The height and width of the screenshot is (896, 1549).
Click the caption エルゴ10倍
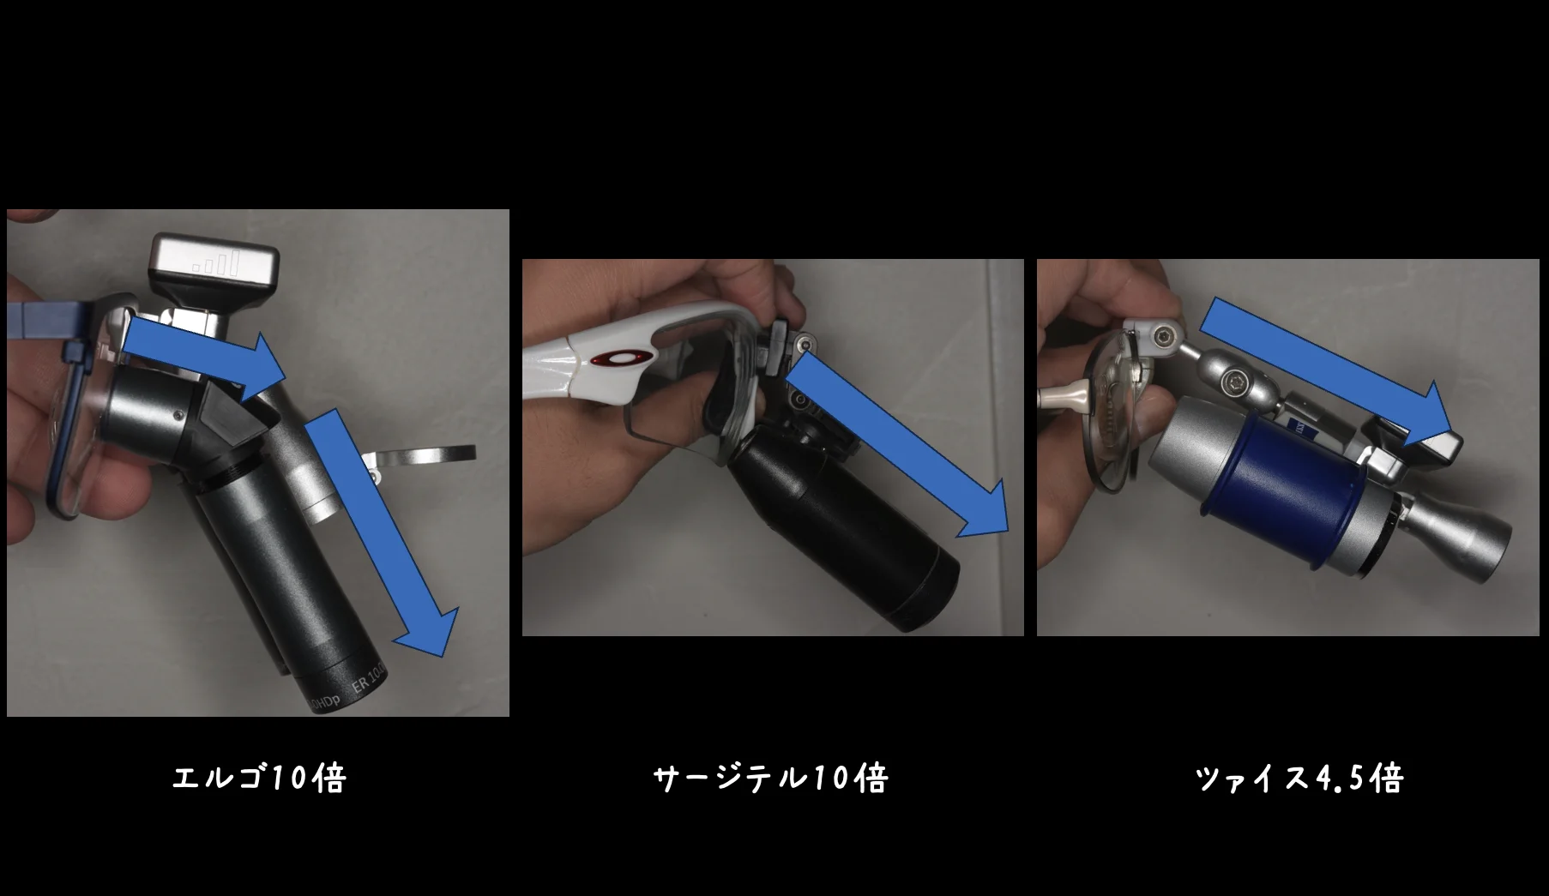pyautogui.click(x=259, y=779)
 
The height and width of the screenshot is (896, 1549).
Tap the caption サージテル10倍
pyautogui.click(x=769, y=779)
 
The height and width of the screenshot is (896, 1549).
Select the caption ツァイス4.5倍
pyautogui.click(x=1299, y=779)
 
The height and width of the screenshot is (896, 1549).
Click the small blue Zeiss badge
pyautogui.click(x=1304, y=429)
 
